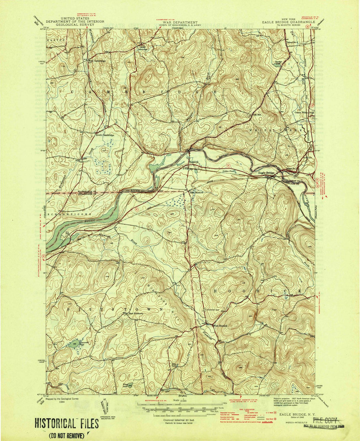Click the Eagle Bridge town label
[266, 173]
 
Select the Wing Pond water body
[130, 385]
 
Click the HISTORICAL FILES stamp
[67, 424]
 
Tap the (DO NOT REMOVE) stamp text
[67, 435]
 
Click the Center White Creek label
[305, 112]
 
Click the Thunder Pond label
[278, 62]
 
